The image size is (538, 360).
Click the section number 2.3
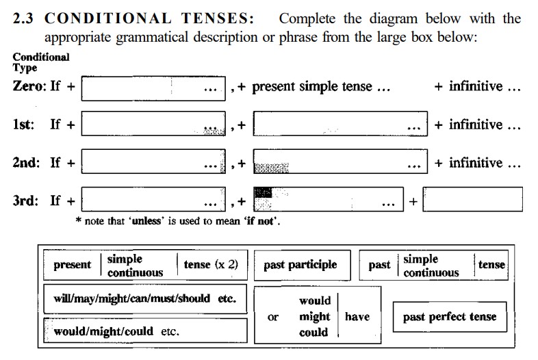pyautogui.click(x=23, y=18)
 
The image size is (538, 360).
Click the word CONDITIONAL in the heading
pyautogui.click(x=107, y=18)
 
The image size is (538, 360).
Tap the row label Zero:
pyautogui.click(x=29, y=86)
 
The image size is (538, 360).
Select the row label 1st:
pyautogui.click(x=24, y=125)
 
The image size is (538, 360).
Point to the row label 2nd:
pyautogui.click(x=26, y=162)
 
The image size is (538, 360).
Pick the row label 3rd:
pyautogui.click(x=25, y=201)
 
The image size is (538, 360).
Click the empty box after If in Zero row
pyautogui.click(x=153, y=88)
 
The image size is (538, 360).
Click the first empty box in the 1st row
pyautogui.click(x=153, y=124)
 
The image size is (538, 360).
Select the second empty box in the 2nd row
pyautogui.click(x=340, y=162)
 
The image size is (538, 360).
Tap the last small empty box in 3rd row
pyautogui.click(x=473, y=199)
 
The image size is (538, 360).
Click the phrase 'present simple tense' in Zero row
pyautogui.click(x=312, y=86)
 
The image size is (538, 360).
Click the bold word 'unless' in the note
pyautogui.click(x=146, y=221)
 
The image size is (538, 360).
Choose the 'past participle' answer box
pyautogui.click(x=303, y=266)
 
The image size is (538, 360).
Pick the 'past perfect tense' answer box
pyautogui.click(x=450, y=317)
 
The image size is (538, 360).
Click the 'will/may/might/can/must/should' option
pyautogui.click(x=131, y=298)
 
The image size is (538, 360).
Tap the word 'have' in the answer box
pyautogui.click(x=357, y=316)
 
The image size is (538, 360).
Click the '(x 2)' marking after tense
pyautogui.click(x=227, y=265)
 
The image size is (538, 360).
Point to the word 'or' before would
pyautogui.click(x=273, y=317)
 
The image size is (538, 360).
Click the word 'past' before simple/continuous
pyautogui.click(x=379, y=266)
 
